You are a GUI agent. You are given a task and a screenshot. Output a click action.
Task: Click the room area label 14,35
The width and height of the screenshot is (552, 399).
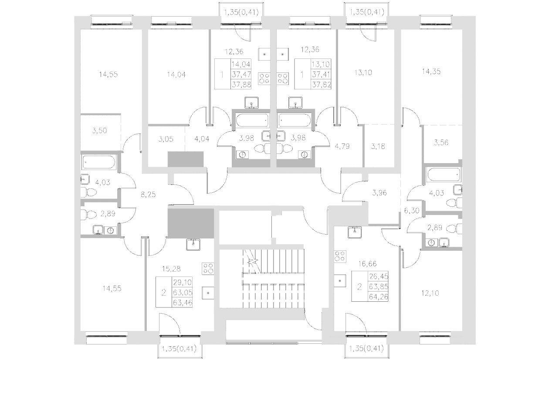[x=431, y=72]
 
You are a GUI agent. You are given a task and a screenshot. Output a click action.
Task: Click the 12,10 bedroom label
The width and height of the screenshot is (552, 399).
[x=430, y=293]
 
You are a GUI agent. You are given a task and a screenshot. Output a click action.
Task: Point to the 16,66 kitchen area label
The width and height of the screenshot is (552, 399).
[x=366, y=263]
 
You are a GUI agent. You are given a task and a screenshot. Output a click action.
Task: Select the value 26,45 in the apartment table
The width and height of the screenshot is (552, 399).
[x=379, y=276]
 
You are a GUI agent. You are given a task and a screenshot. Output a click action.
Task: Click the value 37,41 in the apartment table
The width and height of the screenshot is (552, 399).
[x=322, y=74]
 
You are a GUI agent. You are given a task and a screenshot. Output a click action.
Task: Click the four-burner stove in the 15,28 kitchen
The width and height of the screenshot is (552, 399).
[x=208, y=269]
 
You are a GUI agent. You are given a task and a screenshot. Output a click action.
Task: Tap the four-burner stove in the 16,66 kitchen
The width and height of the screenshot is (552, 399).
[x=340, y=256]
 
